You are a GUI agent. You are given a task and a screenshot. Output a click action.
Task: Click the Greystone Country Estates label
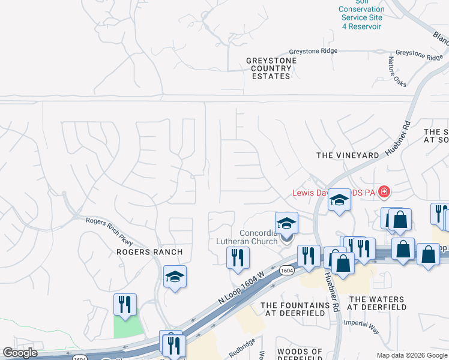(271, 68)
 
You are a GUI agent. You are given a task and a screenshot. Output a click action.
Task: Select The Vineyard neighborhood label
(348, 155)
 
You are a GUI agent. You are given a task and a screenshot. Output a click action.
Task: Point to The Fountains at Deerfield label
(295, 309)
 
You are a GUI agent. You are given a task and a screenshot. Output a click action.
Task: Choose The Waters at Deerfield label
(378, 303)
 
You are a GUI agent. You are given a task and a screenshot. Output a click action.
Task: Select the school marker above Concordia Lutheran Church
(286, 223)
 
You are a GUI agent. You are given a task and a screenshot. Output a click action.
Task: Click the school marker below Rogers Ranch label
(175, 277)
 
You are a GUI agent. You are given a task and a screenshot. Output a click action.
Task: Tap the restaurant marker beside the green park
(125, 304)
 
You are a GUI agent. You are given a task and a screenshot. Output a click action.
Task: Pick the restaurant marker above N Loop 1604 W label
(238, 257)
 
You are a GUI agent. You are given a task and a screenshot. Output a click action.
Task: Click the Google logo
(20, 353)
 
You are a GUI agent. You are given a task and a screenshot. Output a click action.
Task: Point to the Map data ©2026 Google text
(412, 355)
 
